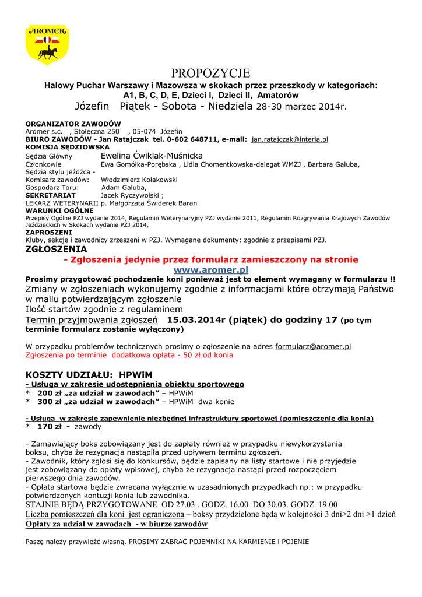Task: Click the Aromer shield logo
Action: point(47,45)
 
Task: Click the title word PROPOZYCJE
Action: point(210,73)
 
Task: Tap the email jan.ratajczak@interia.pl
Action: point(289,140)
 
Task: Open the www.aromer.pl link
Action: point(210,270)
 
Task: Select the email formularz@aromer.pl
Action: point(312,346)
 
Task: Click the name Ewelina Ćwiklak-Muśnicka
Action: point(152,156)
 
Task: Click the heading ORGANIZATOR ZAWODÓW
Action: point(73,124)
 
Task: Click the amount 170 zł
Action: point(51,426)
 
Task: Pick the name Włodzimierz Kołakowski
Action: point(139,180)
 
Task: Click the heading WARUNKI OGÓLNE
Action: point(59,210)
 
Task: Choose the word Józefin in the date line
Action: point(96,107)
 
